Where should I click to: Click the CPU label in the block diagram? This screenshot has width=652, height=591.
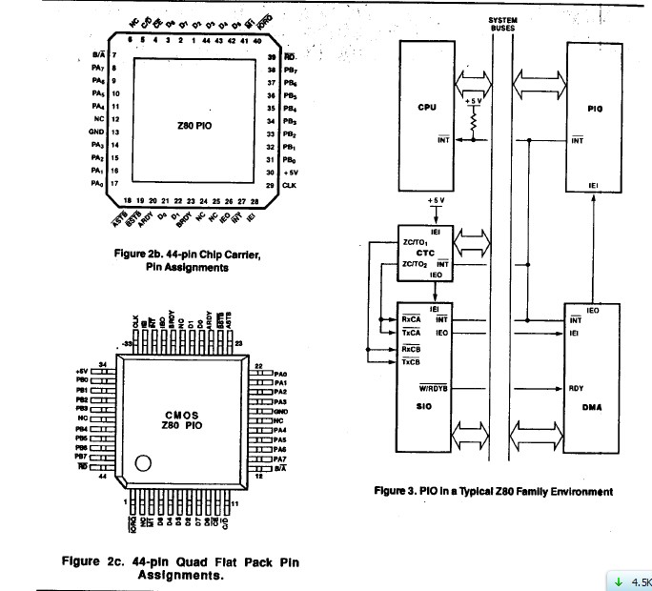click(x=426, y=107)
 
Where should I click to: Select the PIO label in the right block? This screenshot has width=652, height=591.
click(x=596, y=109)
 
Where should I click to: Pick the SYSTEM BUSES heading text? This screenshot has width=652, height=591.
click(x=502, y=24)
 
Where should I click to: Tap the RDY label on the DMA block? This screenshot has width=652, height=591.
click(x=576, y=388)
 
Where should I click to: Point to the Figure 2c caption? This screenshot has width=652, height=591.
click(x=180, y=568)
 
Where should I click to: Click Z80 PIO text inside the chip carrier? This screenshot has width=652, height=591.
click(x=196, y=126)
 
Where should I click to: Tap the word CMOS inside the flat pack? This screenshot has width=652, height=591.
click(x=180, y=417)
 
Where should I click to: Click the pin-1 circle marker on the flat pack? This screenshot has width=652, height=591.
click(x=143, y=464)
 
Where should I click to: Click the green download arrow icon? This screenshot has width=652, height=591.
click(x=618, y=581)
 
